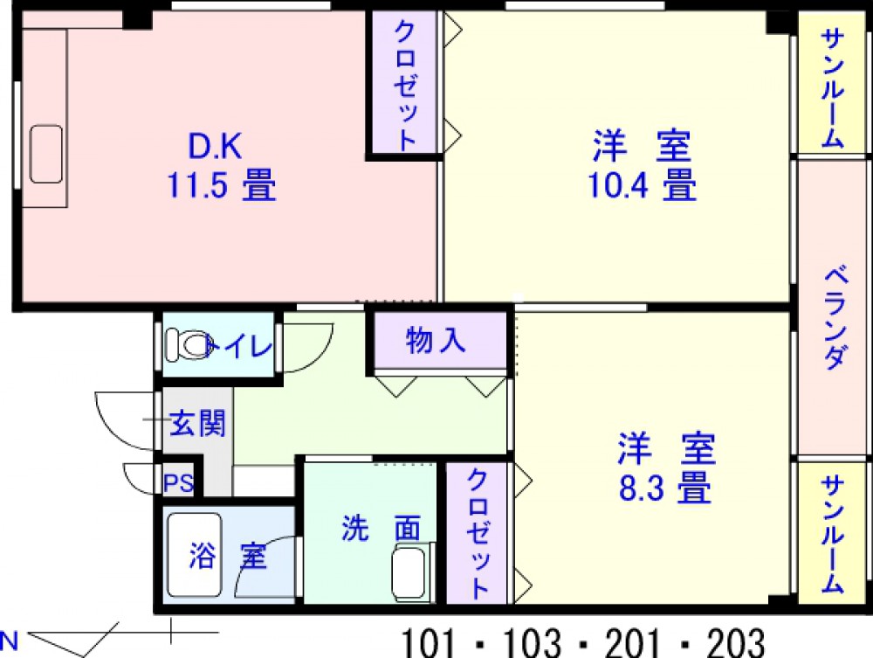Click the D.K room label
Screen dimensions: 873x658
coord(215,146)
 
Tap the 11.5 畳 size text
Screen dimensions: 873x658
coord(222,185)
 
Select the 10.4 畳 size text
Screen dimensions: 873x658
coord(642,185)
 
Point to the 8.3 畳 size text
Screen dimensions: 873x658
coord(664,488)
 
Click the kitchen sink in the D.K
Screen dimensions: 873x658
coord(46,154)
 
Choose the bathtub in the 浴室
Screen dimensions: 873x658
coord(196,555)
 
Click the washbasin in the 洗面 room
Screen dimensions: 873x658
coord(413,571)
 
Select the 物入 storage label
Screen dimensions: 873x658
coord(436,340)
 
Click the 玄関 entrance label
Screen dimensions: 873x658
coord(197,424)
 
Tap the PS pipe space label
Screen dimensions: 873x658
coord(179,482)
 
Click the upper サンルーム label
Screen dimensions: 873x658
coord(833,87)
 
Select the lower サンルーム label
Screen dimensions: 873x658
coord(833,534)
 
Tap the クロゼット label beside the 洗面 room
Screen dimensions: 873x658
coord(478,534)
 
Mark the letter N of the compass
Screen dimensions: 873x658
coord(10,641)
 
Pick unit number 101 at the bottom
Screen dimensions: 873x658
coord(428,642)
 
